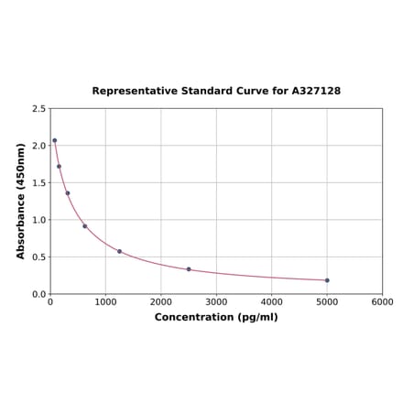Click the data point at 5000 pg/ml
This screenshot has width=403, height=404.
click(327, 280)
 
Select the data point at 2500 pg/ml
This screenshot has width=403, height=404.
click(189, 269)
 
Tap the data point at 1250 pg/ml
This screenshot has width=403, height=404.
click(119, 251)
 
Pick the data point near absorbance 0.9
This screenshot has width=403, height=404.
click(85, 226)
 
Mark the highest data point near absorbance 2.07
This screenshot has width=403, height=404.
click(55, 140)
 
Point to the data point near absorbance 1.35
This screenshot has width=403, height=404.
click(68, 193)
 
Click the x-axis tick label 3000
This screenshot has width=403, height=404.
click(216, 301)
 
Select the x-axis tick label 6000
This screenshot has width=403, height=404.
click(382, 301)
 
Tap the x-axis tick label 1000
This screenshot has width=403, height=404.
click(105, 301)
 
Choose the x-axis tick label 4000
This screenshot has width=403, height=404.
click(271, 301)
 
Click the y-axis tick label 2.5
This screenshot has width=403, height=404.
click(39, 109)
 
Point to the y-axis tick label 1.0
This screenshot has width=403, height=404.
click(39, 220)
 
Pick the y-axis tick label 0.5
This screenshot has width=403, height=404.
click(39, 257)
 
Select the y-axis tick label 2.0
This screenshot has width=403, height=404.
click(39, 146)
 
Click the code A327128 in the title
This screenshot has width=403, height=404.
click(316, 92)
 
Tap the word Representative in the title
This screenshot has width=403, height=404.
click(132, 92)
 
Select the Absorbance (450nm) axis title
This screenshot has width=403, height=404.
click(21, 201)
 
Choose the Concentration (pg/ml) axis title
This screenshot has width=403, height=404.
click(216, 317)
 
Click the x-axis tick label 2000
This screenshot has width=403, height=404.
click(160, 301)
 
